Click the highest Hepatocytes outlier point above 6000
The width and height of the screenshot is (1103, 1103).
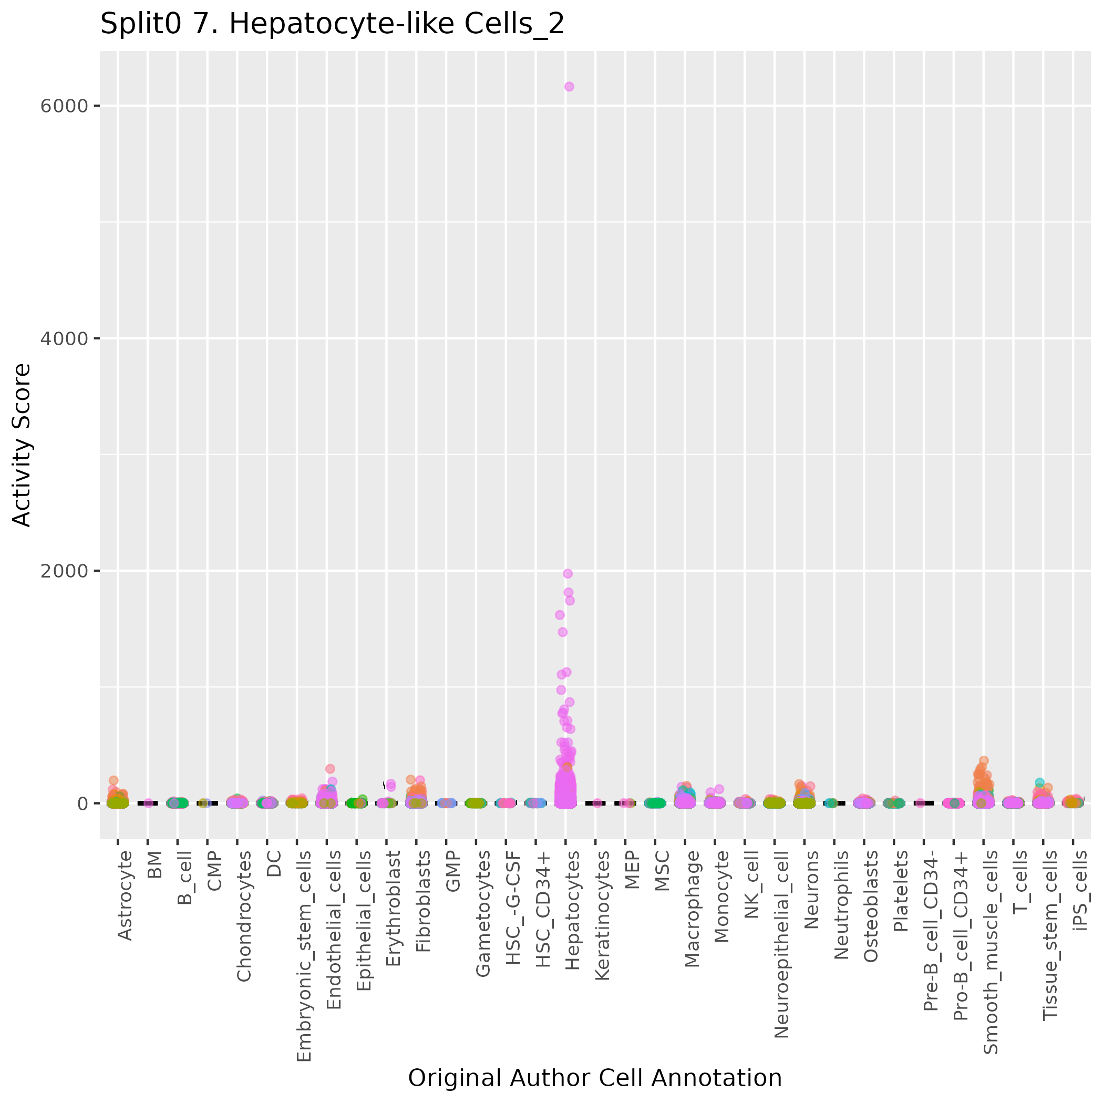(569, 87)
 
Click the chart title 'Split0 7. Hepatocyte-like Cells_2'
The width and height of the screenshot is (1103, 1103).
(332, 25)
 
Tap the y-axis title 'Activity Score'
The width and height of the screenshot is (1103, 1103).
(22, 445)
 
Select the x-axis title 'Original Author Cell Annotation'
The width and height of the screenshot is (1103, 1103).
(594, 1078)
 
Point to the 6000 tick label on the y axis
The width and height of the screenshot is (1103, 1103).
(64, 106)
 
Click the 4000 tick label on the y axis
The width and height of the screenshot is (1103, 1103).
(64, 338)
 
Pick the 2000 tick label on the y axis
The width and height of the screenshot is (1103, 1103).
(64, 571)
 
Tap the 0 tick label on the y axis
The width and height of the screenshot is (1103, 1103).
(81, 804)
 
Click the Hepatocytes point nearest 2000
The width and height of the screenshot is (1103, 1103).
(568, 574)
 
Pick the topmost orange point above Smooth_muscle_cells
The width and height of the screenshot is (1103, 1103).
(984, 760)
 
